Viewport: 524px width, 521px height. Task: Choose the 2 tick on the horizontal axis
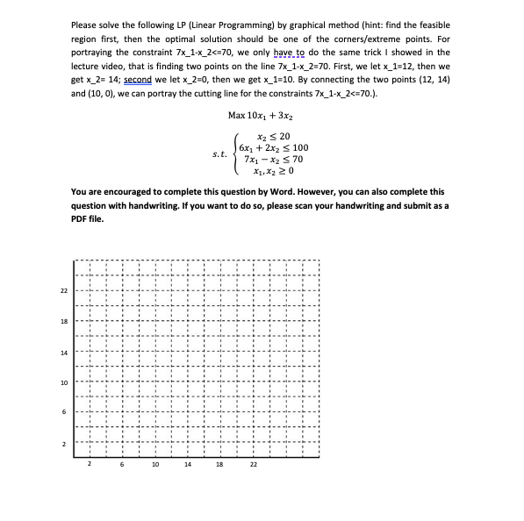pos(90,465)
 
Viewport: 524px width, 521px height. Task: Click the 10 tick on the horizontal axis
pos(154,465)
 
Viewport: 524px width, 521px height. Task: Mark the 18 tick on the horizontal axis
pos(219,465)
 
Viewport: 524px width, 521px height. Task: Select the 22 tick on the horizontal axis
pos(253,465)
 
